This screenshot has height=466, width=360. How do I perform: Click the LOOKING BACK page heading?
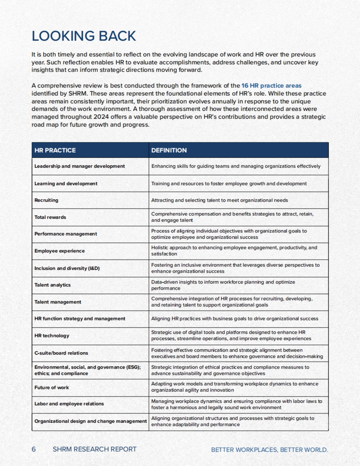coord(84,36)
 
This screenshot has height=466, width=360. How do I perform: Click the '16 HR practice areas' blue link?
coord(271,86)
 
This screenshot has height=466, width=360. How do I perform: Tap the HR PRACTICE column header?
coord(55,150)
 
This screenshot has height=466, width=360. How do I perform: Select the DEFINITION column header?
coord(169,150)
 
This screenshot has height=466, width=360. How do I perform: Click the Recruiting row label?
coord(46,200)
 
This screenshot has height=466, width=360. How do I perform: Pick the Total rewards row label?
coord(50,217)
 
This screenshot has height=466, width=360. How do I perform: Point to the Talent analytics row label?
coord(52,285)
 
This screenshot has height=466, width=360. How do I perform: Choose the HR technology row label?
coord(52,336)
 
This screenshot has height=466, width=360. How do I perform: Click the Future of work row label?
coord(52,387)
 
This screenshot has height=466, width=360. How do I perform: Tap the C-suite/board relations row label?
coord(61,353)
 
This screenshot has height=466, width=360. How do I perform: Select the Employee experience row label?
coord(59,251)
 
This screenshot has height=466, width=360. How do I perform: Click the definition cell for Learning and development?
coord(229,183)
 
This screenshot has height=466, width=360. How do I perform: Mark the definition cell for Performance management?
coord(229,234)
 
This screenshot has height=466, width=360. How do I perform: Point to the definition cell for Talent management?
coord(232,302)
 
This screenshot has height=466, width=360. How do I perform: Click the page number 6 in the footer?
coord(34,449)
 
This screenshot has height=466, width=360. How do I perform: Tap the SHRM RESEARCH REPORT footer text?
coord(94,449)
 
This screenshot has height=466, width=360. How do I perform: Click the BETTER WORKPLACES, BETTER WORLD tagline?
coord(269,450)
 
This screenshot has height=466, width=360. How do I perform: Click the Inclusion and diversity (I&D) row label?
coord(67,268)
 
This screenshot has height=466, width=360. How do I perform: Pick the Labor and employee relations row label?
coord(69,404)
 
